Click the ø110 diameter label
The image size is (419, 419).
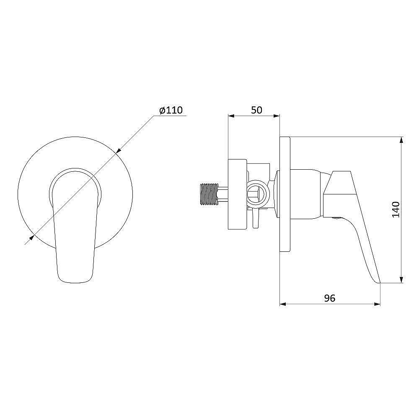pyautogui.click(x=171, y=110)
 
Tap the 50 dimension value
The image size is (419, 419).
pyautogui.click(x=256, y=110)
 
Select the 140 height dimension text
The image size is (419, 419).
pyautogui.click(x=396, y=210)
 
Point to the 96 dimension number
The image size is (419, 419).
pyautogui.click(x=329, y=298)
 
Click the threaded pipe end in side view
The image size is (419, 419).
pyautogui.click(x=209, y=194)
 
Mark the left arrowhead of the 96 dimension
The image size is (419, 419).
pyautogui.click(x=283, y=304)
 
